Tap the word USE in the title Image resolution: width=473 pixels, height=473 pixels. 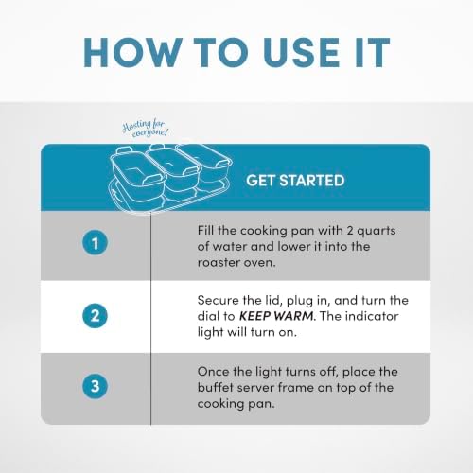point(303,52)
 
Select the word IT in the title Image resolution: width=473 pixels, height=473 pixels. point(373,52)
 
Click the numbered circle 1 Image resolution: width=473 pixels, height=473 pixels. point(95,243)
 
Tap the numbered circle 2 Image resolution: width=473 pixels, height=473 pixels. point(95,315)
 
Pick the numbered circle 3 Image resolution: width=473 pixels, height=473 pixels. point(95,386)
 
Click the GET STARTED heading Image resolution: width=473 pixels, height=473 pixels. point(295,181)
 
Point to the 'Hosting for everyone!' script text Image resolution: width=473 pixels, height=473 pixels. point(146,129)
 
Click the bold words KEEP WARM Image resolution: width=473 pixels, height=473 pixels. point(276,316)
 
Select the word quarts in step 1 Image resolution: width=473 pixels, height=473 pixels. point(377,232)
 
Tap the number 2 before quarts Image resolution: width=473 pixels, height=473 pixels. point(350,231)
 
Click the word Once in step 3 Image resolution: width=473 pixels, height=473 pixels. point(213,372)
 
